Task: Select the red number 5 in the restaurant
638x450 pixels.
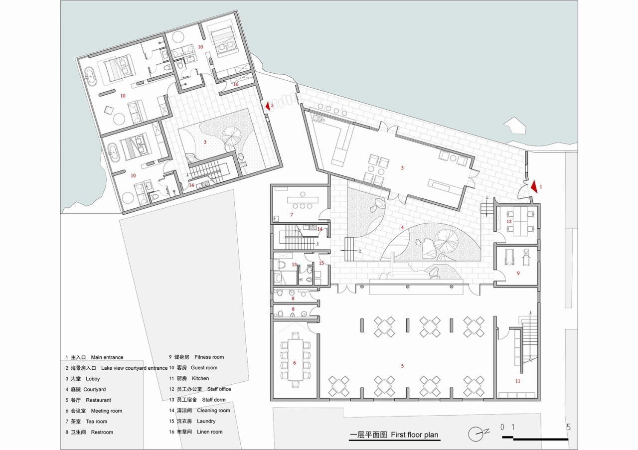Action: pyautogui.click(x=402, y=366)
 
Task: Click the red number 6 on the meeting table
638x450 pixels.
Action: pyautogui.click(x=294, y=363)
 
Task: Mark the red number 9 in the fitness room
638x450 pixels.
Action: pyautogui.click(x=518, y=273)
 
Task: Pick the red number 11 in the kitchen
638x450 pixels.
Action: pyautogui.click(x=517, y=381)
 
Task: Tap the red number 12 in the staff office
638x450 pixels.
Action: pyautogui.click(x=509, y=221)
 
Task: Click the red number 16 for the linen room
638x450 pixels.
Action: pyautogui.click(x=236, y=85)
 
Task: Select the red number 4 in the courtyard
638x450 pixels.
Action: pyautogui.click(x=402, y=228)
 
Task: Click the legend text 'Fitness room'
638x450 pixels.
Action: pyautogui.click(x=209, y=357)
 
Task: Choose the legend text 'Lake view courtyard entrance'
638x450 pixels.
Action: pyautogui.click(x=134, y=368)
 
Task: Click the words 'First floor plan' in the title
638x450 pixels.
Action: pyautogui.click(x=414, y=435)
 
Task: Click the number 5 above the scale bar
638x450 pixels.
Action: pyautogui.click(x=568, y=427)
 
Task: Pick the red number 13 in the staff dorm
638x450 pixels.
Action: pyautogui.click(x=294, y=265)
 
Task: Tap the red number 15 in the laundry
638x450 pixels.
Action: pyautogui.click(x=321, y=263)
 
